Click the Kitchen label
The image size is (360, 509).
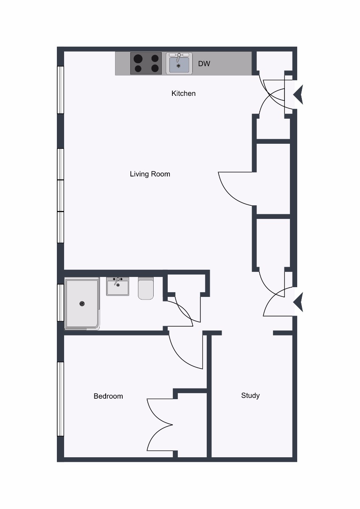click(x=183, y=93)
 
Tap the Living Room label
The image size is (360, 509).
click(x=150, y=174)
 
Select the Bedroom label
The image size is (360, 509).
click(x=108, y=396)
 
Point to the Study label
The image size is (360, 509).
click(x=250, y=396)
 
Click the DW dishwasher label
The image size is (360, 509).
click(x=204, y=64)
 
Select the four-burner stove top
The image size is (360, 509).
click(x=146, y=63)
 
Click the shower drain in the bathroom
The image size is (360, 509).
click(x=82, y=304)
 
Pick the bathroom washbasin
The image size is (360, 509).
click(x=118, y=286)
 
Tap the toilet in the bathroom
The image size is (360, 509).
click(x=146, y=288)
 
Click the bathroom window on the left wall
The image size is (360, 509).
click(x=60, y=303)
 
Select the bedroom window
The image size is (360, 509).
click(x=60, y=399)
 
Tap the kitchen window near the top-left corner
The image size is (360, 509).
click(x=60, y=90)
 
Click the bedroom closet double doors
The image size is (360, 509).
click(x=160, y=425)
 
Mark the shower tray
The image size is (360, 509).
click(x=82, y=304)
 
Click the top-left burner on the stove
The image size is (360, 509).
click(x=138, y=59)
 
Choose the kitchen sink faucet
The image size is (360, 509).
click(x=179, y=57)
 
